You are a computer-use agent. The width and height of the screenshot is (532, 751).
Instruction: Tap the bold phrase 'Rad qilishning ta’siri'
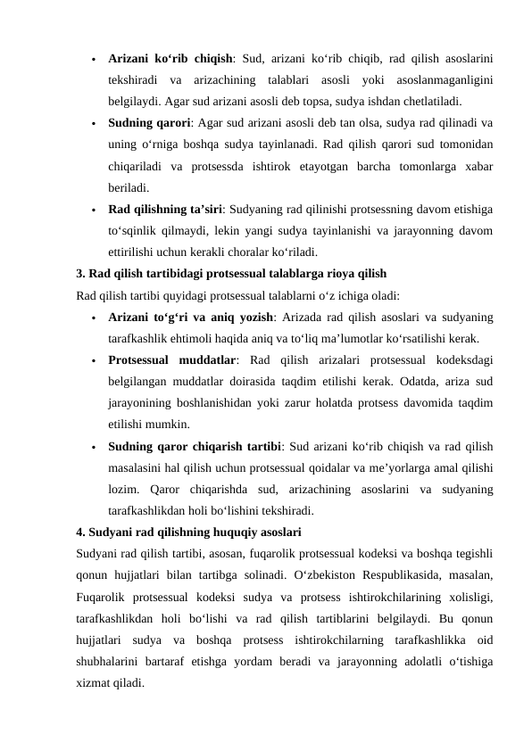166,209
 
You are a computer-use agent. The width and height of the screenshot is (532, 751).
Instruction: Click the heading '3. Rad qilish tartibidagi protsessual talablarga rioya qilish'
231,273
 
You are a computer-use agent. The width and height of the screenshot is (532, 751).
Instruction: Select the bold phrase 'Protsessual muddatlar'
172,359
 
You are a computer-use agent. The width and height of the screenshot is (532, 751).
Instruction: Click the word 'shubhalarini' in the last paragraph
105,661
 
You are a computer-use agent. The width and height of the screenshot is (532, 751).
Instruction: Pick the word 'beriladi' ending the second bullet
128,187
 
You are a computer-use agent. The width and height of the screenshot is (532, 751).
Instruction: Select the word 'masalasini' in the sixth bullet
134,467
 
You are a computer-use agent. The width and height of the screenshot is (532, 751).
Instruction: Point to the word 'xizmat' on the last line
94,682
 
